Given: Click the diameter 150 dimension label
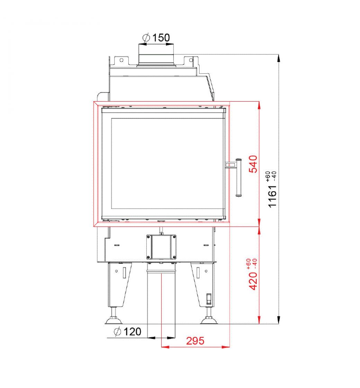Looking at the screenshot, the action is (156, 38).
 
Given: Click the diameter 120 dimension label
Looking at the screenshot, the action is (127, 332).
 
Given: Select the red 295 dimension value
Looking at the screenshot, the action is (195, 341).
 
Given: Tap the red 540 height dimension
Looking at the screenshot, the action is (253, 164).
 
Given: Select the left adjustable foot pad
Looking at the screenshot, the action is (114, 321).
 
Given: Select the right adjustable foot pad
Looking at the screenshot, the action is (209, 321).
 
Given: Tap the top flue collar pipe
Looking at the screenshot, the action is (156, 59).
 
